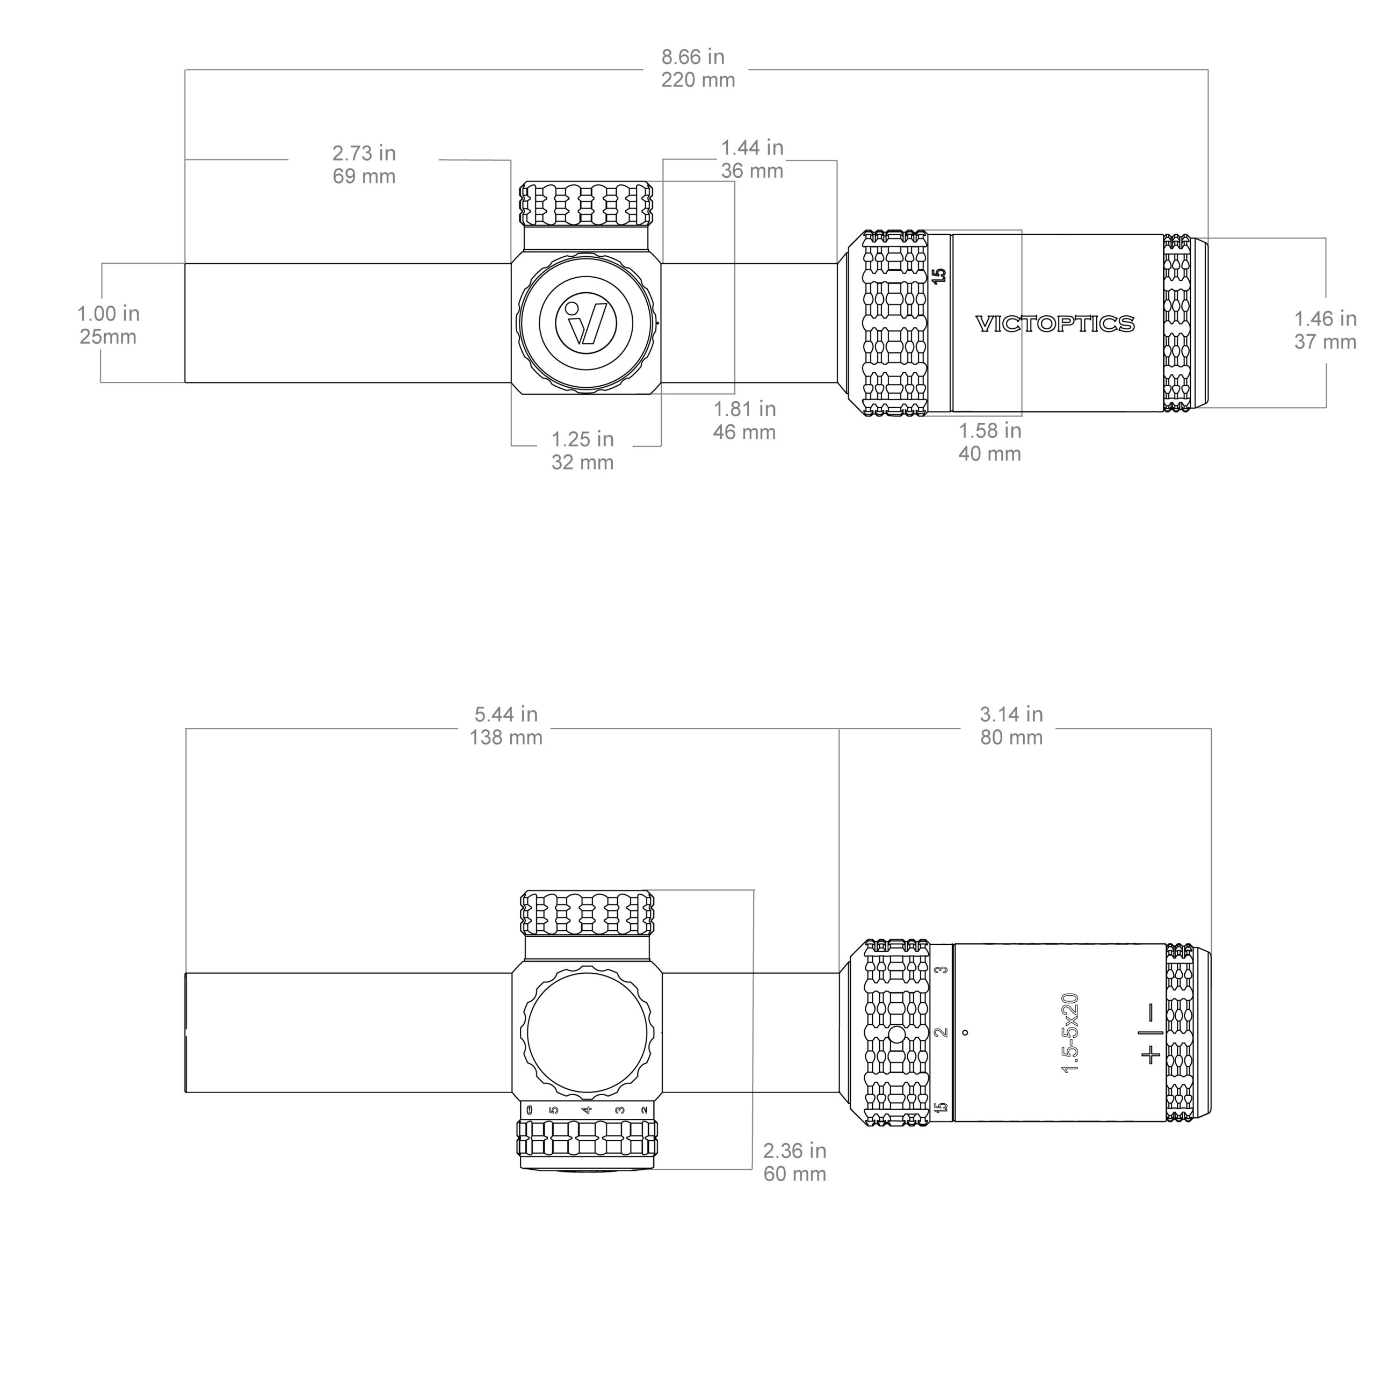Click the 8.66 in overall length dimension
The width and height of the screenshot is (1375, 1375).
pos(698,68)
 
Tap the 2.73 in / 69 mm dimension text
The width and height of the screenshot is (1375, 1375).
pos(364,164)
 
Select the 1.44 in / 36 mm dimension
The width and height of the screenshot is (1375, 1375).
pos(752,158)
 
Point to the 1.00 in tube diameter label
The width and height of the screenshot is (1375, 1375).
pos(108,324)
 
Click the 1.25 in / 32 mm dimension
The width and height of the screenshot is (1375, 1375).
pos(583,451)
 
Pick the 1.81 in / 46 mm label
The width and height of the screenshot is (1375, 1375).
pos(744,420)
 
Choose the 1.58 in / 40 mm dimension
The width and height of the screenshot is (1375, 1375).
pos(990,442)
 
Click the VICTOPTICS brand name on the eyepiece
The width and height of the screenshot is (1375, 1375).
pos(1055,324)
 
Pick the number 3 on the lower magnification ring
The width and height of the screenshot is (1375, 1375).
pos(941,970)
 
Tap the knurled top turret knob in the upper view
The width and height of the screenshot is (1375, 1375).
pos(587,204)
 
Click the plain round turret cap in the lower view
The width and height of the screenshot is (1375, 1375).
pos(587,1033)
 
